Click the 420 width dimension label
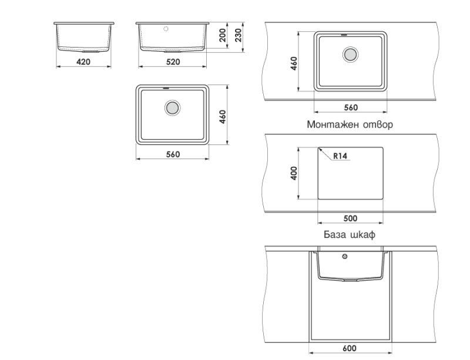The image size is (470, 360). coord(83,62)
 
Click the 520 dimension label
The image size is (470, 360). coord(173,62)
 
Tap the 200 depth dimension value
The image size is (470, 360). coord(223,35)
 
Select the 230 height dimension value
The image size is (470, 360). coord(238,35)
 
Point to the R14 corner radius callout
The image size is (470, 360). coord(340,156)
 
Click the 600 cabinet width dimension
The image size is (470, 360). coord(350,348)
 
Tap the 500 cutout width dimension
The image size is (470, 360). coord(350,218)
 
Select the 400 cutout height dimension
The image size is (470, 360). coord(294,173)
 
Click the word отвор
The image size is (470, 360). coord(378,124)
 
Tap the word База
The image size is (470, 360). coord(334,234)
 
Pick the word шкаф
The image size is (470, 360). coord(362,234)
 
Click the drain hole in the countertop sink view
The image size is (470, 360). coord(350,55)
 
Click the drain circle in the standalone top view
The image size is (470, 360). coord(172,107)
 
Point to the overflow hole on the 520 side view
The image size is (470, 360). coord(166,29)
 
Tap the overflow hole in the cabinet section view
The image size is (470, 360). coord(345,257)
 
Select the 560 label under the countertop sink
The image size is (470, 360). coord(351,107)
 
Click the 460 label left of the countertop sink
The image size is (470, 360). coord(294,63)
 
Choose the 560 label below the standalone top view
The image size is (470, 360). coord(173,154)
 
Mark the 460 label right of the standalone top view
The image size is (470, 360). coord(223,117)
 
